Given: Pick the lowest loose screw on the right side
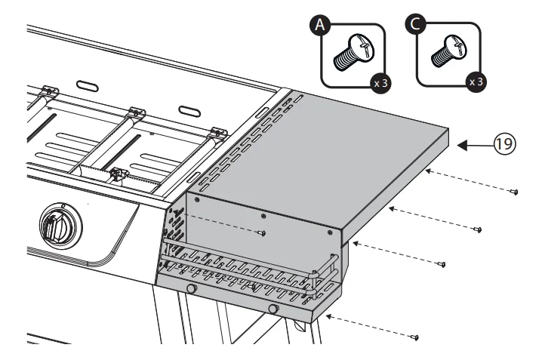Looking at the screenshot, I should tap(414, 336).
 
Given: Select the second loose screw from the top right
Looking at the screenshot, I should tap(478, 229).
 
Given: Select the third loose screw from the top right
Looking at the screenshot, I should tap(442, 264).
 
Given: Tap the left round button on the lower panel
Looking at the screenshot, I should tap(192, 290).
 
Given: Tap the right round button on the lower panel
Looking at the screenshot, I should tap(274, 309).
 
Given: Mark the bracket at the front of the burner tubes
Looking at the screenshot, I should tap(118, 175).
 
